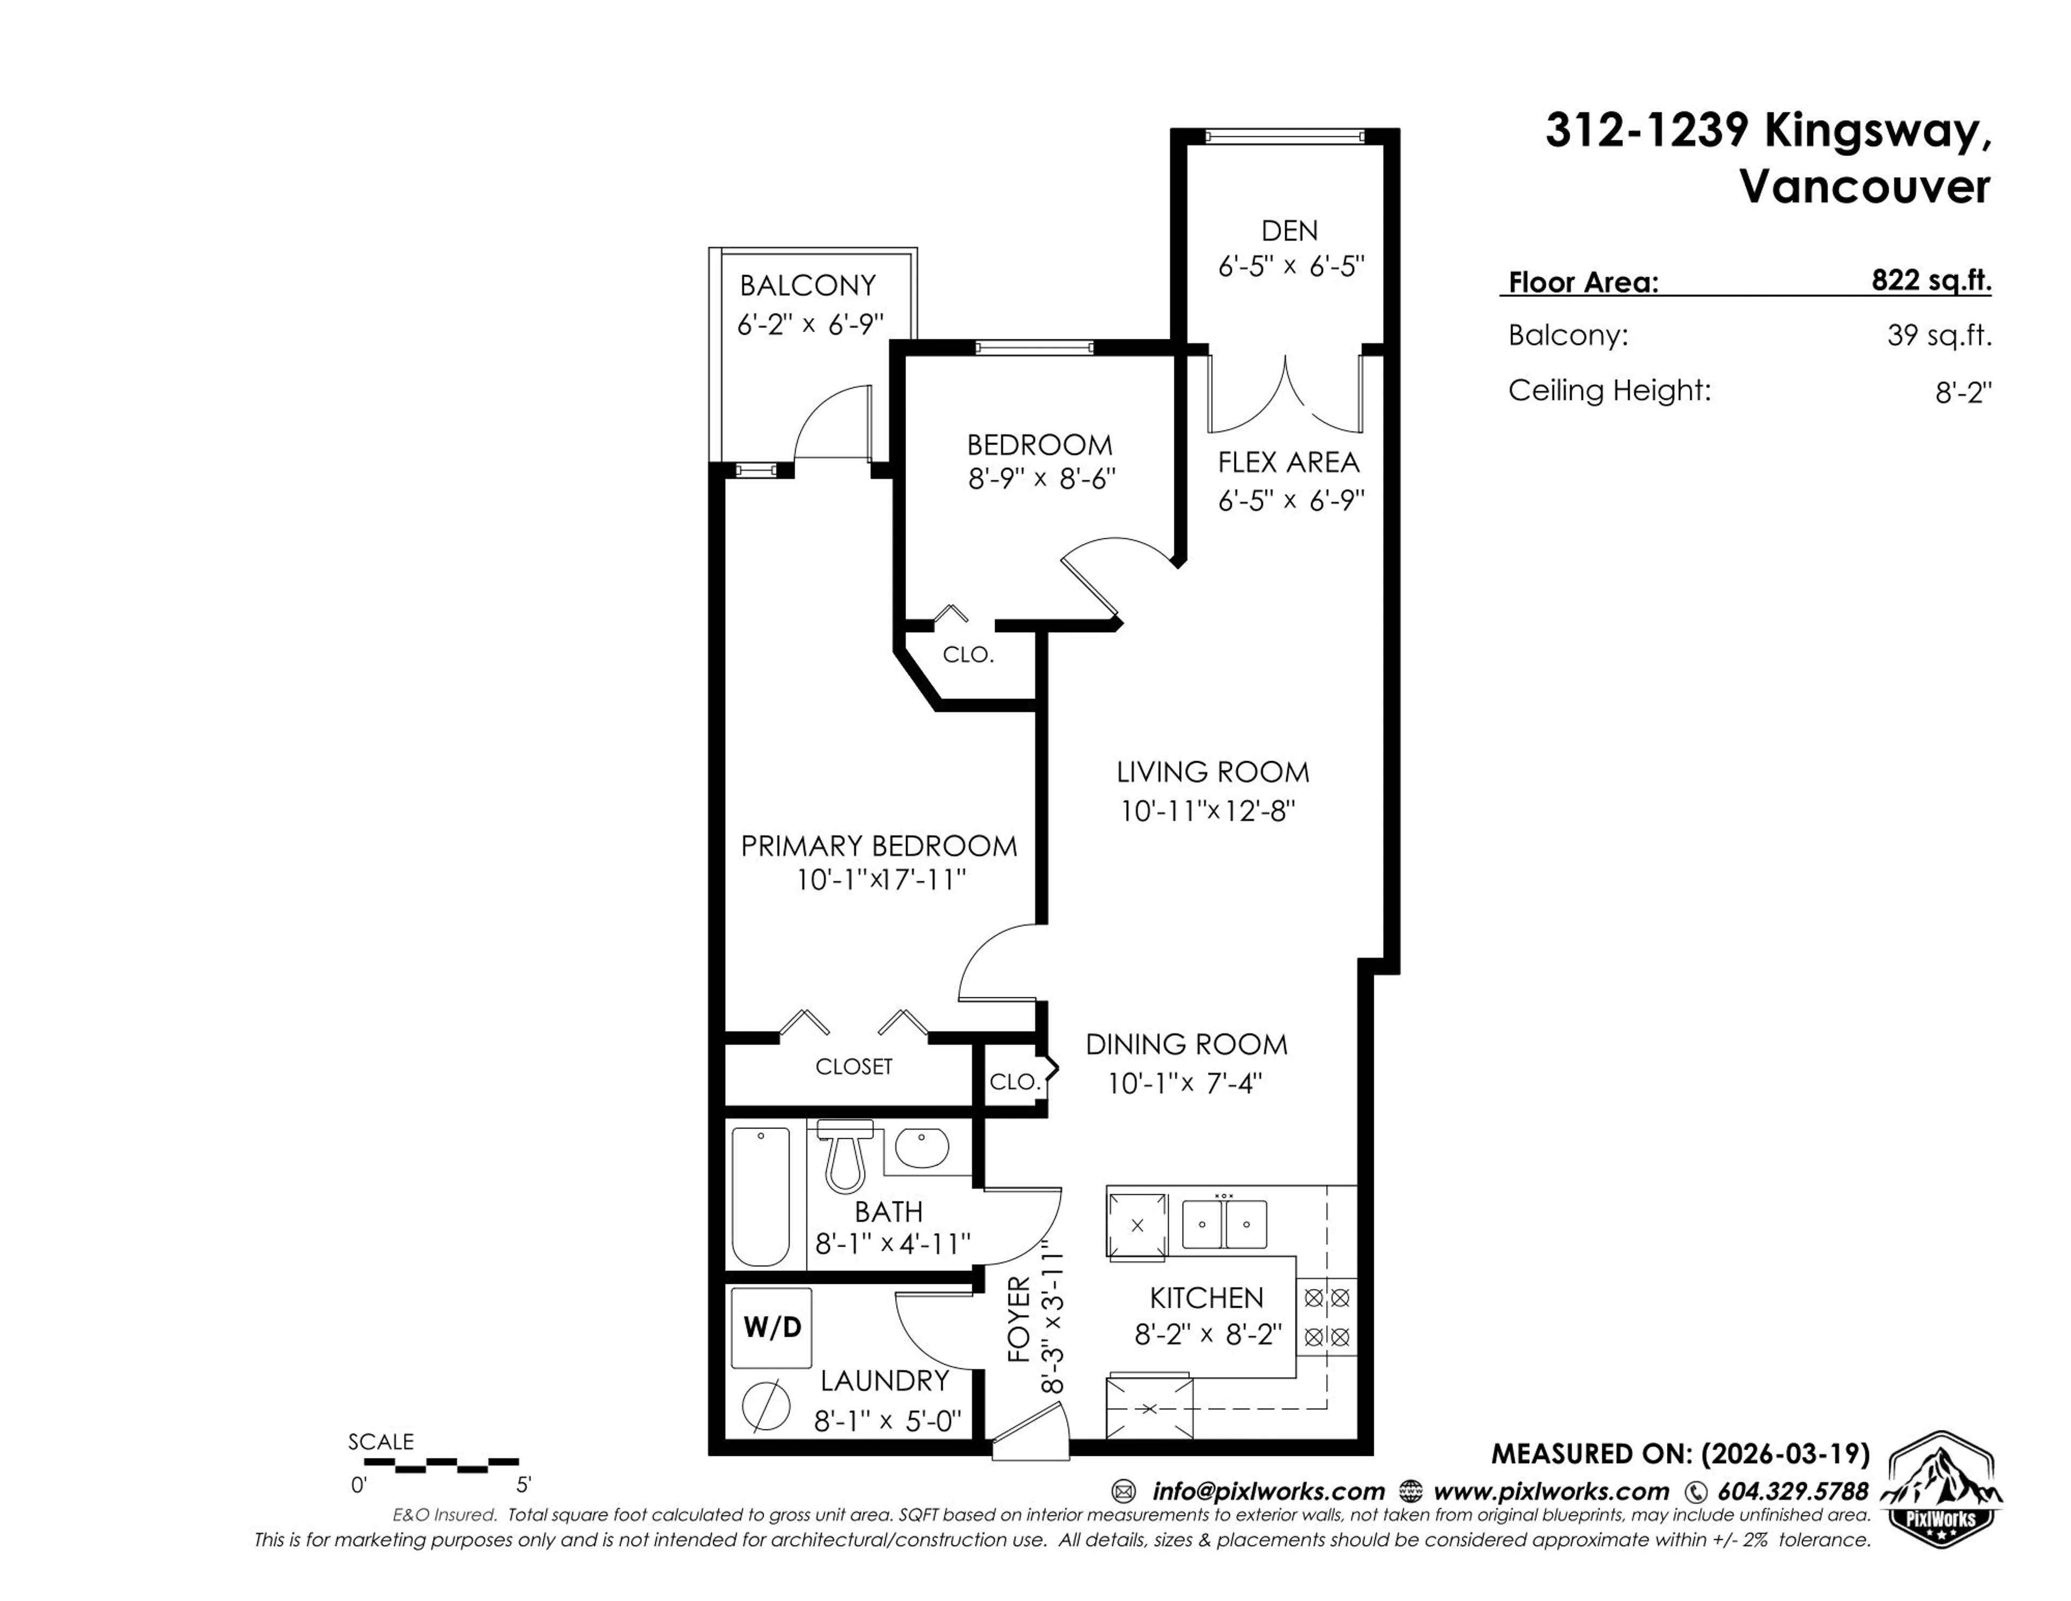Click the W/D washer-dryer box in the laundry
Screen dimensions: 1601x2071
click(x=771, y=1327)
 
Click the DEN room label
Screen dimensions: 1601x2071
click(x=1288, y=230)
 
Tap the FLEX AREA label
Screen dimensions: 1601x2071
click(x=1288, y=463)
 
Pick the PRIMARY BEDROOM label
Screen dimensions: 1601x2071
click(x=878, y=846)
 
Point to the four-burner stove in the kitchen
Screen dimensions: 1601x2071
click(x=1327, y=1317)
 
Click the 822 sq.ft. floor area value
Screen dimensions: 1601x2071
click(x=1931, y=280)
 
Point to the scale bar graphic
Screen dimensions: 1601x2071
click(x=442, y=1466)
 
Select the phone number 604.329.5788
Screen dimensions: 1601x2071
click(x=1792, y=1491)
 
